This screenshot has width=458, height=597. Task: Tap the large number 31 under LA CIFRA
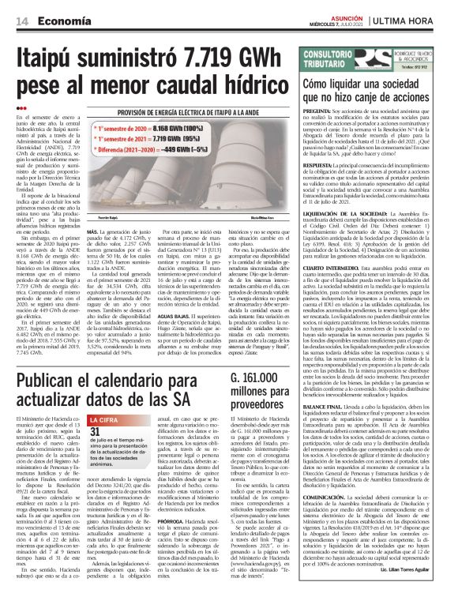point(96,432)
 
